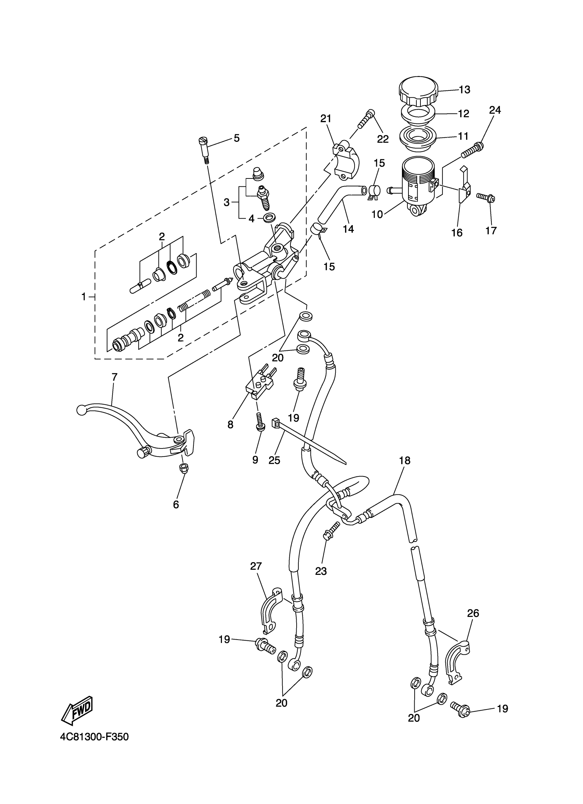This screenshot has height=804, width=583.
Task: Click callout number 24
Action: pyautogui.click(x=495, y=111)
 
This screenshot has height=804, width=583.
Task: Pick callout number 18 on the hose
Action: pyautogui.click(x=405, y=460)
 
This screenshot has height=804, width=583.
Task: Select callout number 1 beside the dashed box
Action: pyautogui.click(x=84, y=296)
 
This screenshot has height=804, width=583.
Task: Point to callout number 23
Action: pyautogui.click(x=321, y=571)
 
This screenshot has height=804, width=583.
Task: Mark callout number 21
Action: pyautogui.click(x=325, y=119)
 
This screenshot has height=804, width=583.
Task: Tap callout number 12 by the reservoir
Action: pyautogui.click(x=463, y=114)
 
